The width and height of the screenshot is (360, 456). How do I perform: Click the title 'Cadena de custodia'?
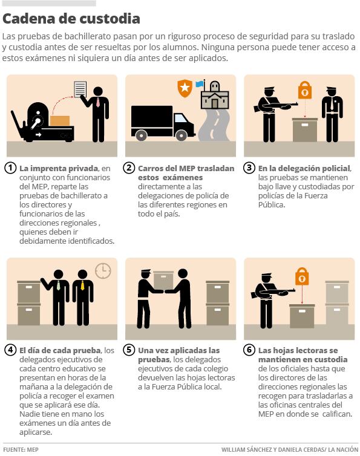71,19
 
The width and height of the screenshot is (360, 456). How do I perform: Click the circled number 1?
10,168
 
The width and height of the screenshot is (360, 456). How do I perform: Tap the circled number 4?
10,350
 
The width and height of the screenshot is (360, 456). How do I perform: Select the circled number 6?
249,350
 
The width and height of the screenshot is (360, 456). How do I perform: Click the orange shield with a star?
185,88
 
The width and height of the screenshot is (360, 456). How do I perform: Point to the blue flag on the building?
199,84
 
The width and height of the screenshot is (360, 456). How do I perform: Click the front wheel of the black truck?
182,135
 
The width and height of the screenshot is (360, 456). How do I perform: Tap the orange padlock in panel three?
305,90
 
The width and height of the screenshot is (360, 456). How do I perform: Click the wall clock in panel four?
103,271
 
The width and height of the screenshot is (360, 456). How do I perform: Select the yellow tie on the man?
82,285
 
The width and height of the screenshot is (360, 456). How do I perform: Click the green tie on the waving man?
59,285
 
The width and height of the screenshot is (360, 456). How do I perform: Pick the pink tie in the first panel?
98,102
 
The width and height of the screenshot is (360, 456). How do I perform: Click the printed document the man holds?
80,89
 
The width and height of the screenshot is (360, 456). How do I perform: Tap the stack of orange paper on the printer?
60,121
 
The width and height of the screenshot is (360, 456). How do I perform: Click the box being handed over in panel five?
163,280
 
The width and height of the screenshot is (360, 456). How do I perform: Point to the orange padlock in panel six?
302,276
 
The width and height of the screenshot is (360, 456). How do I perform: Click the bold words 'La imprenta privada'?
59,168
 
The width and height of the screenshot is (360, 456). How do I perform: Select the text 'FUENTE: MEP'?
21,449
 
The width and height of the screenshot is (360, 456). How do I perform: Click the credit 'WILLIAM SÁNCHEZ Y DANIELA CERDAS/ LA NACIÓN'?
290,449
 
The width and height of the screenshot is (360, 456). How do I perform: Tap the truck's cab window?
181,119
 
